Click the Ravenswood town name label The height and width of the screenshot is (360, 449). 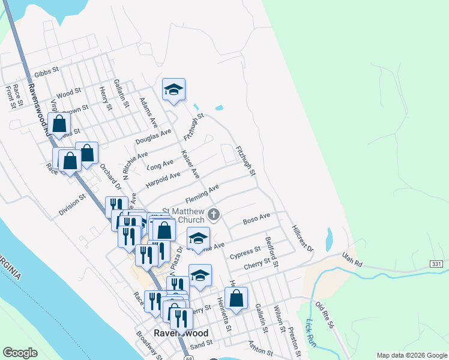181,333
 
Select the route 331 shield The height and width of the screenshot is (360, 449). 436,264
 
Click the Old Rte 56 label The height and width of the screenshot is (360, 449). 324,314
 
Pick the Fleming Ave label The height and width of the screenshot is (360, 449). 202,195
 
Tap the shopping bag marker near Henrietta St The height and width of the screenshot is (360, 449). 237,298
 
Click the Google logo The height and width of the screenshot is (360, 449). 20,352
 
